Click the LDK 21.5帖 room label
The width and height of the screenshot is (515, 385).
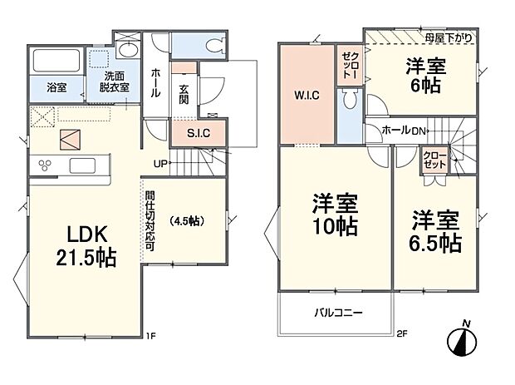point(86,245)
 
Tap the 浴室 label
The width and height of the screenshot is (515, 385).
point(56,87)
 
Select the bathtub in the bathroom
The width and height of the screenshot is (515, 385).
point(56,61)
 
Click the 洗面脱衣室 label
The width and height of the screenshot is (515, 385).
point(115,82)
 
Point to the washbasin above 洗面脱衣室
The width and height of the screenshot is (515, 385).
point(128,50)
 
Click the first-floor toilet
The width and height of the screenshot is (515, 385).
point(216,45)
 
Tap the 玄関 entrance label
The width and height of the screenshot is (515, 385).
point(184,94)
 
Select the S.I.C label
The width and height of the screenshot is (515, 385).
point(199,134)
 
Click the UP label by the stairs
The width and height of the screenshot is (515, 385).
point(160,164)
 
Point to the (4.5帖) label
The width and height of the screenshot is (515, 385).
point(187,221)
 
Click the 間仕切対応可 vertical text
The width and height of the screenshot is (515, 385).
point(150,221)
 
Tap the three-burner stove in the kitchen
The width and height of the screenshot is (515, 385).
point(45,165)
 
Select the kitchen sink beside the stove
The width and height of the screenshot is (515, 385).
point(83,165)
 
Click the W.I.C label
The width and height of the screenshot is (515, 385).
point(307,96)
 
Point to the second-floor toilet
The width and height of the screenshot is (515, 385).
point(349,99)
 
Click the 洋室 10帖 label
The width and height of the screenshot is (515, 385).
point(335,215)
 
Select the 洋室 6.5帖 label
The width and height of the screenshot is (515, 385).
point(435,231)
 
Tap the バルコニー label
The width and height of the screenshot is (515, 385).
point(338,313)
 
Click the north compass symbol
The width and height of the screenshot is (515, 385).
point(463,340)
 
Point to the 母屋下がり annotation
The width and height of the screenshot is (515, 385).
point(449,37)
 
